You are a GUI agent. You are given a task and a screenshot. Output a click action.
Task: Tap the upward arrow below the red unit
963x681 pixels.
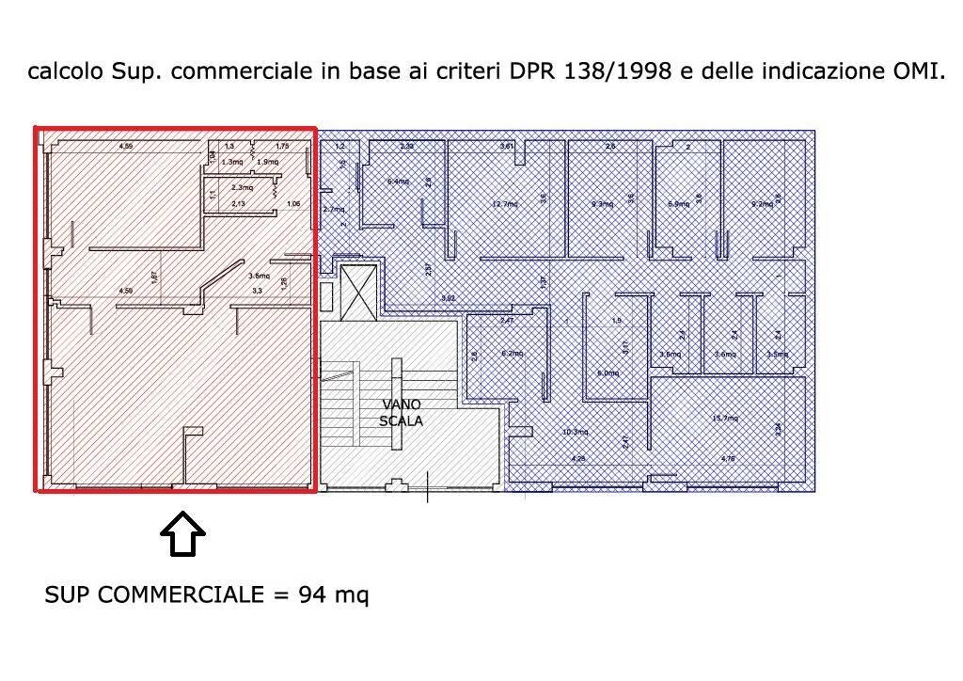pyautogui.click(x=182, y=537)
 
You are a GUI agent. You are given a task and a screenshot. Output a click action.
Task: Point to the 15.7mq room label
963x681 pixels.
pyautogui.click(x=725, y=419)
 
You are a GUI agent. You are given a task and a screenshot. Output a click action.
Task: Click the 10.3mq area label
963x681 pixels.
pyautogui.click(x=575, y=432)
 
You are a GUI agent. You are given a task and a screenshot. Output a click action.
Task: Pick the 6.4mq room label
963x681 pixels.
pyautogui.click(x=398, y=182)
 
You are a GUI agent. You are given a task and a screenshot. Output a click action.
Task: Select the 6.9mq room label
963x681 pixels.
pyautogui.click(x=678, y=203)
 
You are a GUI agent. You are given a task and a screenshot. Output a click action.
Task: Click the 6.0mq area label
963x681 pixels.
pyautogui.click(x=608, y=373)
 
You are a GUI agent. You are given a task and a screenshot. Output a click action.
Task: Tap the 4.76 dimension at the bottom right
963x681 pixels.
pyautogui.click(x=727, y=459)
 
